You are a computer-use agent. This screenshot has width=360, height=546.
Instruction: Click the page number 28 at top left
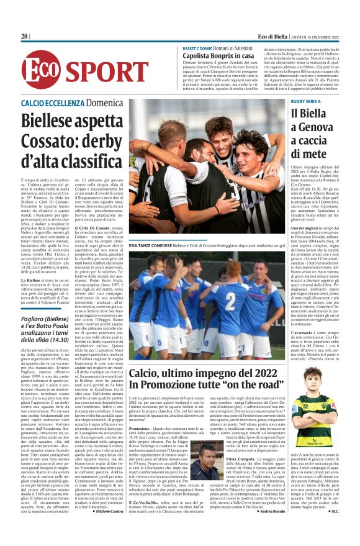tap(25, 37)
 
